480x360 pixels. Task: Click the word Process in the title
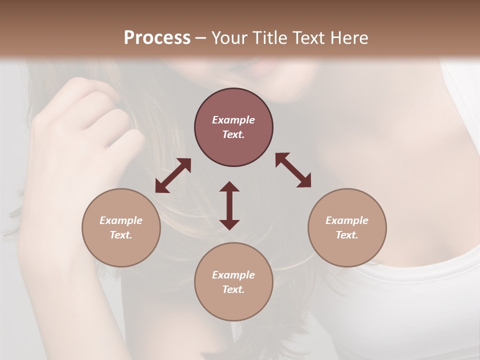click(x=157, y=38)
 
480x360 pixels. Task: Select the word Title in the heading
click(x=270, y=38)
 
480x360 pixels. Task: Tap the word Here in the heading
click(x=348, y=38)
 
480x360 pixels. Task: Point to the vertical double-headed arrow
click(x=229, y=205)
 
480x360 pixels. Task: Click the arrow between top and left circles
click(x=173, y=175)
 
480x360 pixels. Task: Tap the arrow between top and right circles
click(x=293, y=170)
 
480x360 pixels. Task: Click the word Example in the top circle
click(x=233, y=120)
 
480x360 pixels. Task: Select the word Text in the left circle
click(x=120, y=235)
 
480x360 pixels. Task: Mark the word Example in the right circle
click(x=347, y=220)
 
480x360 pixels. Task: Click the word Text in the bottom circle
click(x=233, y=289)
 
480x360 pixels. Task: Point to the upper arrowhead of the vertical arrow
click(x=229, y=187)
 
